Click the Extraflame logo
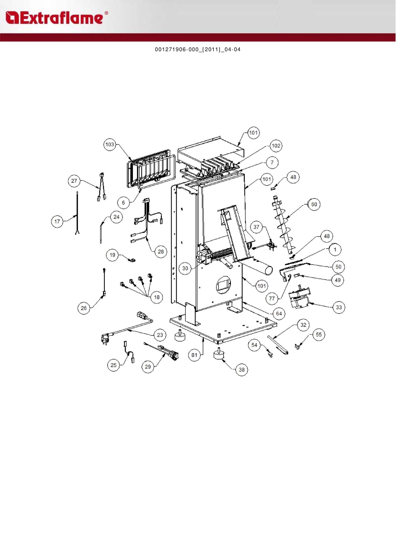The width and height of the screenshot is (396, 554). point(56,18)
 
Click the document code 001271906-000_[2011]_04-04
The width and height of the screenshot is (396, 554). point(198,50)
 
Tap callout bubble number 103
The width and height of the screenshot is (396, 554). point(110,145)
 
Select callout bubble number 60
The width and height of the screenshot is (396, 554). point(314,204)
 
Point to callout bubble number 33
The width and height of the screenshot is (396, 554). point(339,307)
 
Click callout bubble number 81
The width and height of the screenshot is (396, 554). point(194,355)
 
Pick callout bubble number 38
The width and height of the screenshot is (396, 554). point(242,370)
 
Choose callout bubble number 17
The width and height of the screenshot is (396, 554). point(57,222)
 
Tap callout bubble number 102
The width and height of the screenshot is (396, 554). point(276,146)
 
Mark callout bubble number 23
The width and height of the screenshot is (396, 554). point(160,335)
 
